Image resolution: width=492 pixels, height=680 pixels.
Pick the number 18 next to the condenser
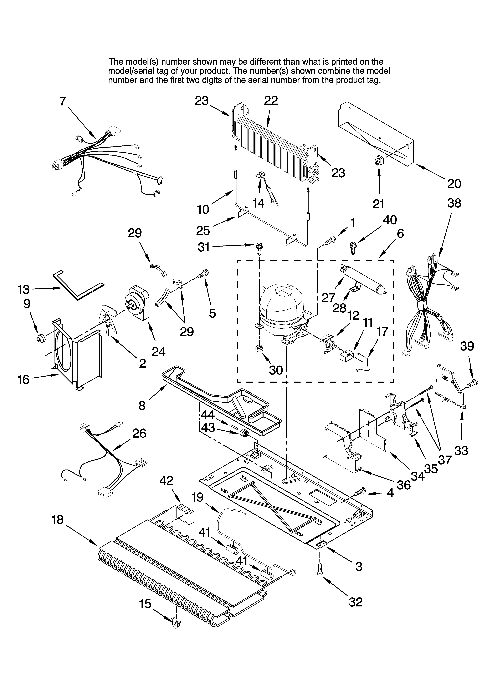[x=57, y=520]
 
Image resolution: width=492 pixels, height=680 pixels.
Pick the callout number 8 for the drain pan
[x=142, y=406]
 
